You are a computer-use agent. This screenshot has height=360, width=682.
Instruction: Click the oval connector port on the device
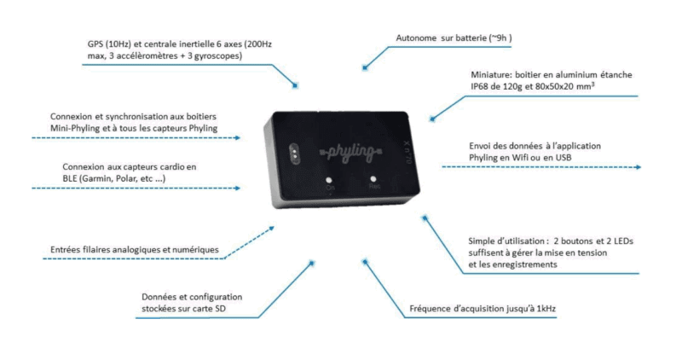pyautogui.click(x=293, y=153)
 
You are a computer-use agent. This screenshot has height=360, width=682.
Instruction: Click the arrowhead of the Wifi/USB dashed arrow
pyautogui.click(x=639, y=168)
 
